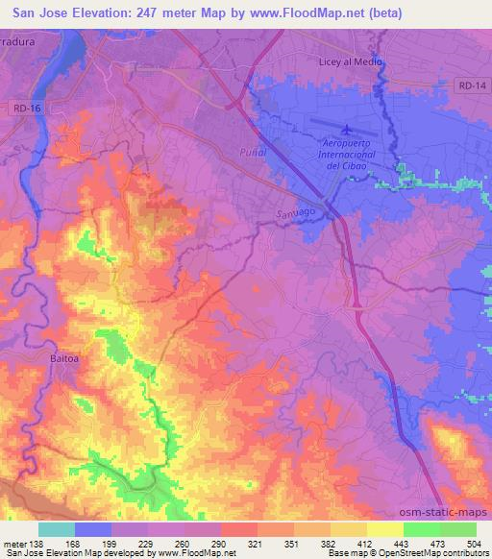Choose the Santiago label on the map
[x=296, y=212]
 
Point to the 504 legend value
[x=476, y=544]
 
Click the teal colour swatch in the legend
[x=57, y=528]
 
